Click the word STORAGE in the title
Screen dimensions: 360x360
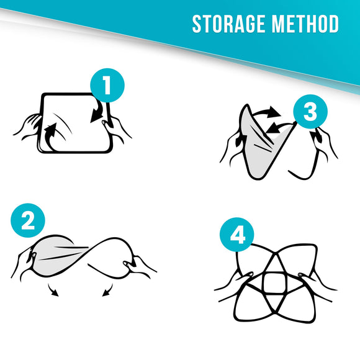coord(229,24)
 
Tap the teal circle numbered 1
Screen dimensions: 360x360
coord(107,85)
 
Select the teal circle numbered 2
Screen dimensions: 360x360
coord(28,220)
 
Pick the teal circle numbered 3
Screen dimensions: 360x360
coord(310,112)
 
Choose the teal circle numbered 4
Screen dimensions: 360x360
coord(237,235)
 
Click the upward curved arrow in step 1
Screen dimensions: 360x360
coord(51,137)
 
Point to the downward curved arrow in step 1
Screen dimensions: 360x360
coord(97,112)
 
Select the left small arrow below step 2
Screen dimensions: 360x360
coord(53,290)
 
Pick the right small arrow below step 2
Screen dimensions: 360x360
coord(107,290)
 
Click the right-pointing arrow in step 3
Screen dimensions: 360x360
coord(267,112)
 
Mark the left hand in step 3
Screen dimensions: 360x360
coord(232,147)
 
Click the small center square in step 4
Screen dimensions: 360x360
coord(274,283)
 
